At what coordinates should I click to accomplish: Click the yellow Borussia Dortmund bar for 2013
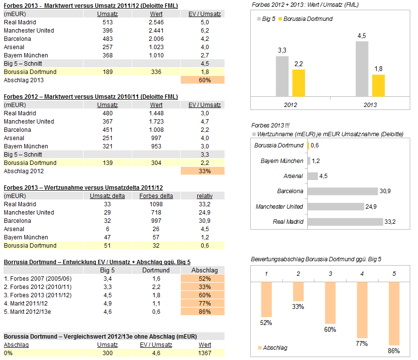click(x=378, y=85)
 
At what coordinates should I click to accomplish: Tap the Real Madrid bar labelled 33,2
click(x=345, y=222)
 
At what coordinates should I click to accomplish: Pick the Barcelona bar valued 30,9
click(x=343, y=191)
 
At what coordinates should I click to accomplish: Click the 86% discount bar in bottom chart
click(x=394, y=314)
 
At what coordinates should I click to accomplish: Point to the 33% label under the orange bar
click(x=298, y=306)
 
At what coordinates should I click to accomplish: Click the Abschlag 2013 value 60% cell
click(x=203, y=80)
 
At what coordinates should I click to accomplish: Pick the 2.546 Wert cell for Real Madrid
click(x=156, y=22)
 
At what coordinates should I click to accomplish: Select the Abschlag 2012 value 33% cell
click(x=203, y=171)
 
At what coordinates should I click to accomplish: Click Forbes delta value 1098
click(x=156, y=204)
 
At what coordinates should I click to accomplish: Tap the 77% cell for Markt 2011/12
click(x=203, y=303)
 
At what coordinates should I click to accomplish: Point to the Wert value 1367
click(x=205, y=353)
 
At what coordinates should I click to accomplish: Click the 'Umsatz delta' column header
click(x=107, y=196)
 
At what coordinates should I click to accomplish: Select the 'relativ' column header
click(x=204, y=196)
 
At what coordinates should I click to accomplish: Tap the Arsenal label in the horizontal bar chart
click(x=293, y=176)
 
